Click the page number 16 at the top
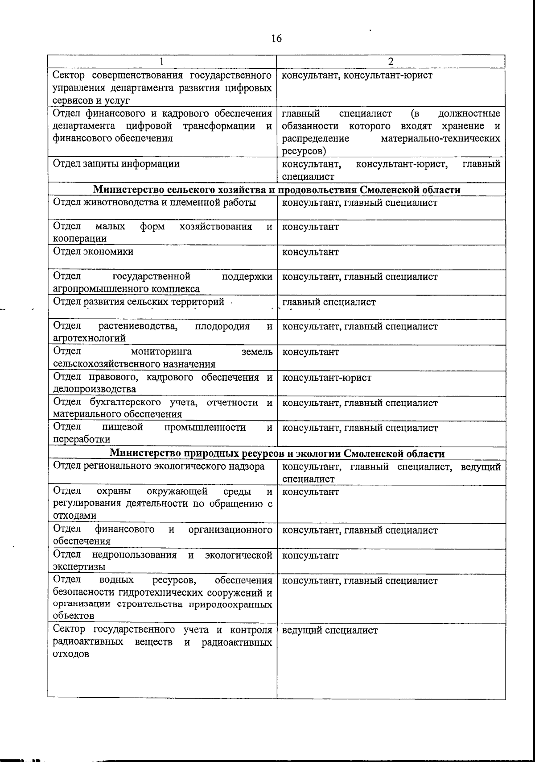point(276,38)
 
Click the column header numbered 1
point(162,62)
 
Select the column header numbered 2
point(391,62)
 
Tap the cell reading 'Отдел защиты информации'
point(116,164)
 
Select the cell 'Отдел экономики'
point(93,251)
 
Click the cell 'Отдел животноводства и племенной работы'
point(154,203)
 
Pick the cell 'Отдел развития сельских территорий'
point(139,302)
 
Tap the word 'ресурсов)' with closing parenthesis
point(304,151)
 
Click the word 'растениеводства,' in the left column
point(138,326)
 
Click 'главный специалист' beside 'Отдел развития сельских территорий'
point(329,302)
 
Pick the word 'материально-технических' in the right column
point(440,138)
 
